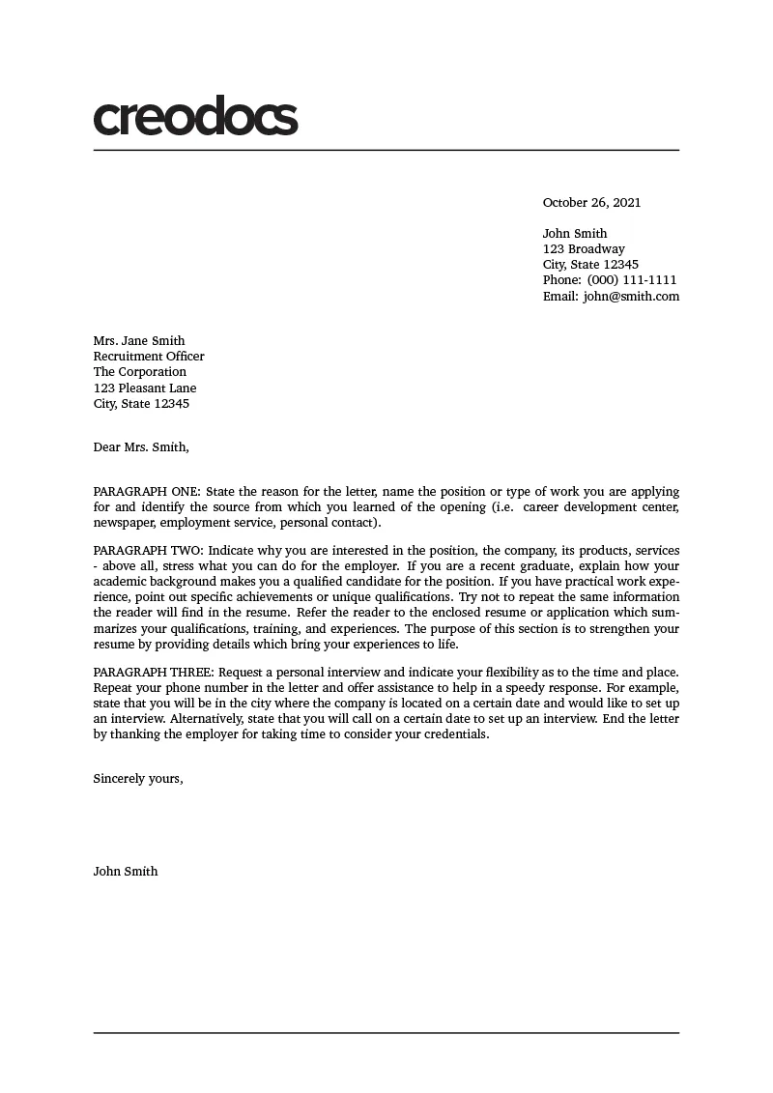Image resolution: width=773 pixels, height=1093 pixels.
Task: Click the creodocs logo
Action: click(195, 117)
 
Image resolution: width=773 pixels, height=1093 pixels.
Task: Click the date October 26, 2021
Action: click(591, 203)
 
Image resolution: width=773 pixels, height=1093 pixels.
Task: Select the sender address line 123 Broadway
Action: click(584, 249)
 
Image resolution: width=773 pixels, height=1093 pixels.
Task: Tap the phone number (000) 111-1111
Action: click(632, 280)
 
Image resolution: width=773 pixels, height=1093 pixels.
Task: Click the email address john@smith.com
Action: click(631, 297)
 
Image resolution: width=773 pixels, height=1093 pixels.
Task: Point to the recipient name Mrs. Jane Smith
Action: click(138, 340)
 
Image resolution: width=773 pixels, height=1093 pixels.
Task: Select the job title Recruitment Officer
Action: click(149, 357)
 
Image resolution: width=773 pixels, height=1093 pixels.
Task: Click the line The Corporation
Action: click(140, 372)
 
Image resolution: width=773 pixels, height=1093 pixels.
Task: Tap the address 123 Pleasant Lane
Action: click(145, 388)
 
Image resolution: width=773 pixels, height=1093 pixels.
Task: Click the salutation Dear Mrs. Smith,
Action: click(141, 447)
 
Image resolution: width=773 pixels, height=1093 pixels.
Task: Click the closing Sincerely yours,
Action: click(138, 779)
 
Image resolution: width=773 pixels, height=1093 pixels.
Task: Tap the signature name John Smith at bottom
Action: click(126, 872)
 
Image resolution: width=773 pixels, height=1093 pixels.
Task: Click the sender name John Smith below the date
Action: click(575, 234)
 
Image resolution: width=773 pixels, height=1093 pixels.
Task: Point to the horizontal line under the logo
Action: click(386, 151)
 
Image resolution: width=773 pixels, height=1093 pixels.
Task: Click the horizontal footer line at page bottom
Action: click(386, 1033)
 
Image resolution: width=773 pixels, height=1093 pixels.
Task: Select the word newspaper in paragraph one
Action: click(125, 523)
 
